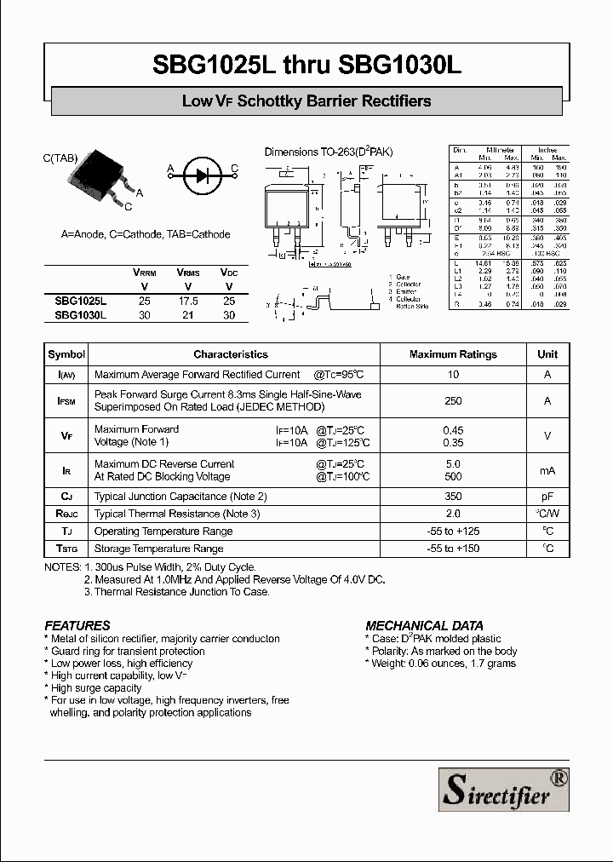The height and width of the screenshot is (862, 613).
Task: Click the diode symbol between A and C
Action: point(203,176)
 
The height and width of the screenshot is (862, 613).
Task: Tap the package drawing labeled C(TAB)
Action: point(106,175)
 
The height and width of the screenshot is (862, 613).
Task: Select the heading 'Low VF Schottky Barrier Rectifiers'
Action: point(306,101)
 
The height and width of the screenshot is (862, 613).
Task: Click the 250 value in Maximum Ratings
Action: point(453,401)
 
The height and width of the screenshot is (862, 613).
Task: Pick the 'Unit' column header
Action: point(547,354)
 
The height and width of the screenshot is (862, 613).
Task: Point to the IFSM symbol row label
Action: point(66,401)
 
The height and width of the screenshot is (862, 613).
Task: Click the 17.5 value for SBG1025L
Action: point(187,302)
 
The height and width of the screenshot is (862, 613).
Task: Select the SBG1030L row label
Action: point(82,315)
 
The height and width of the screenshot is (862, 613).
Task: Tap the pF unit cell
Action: point(547,497)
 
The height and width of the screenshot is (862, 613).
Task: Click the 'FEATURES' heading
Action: point(77,625)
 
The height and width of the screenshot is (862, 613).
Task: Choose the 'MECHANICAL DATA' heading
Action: point(424,625)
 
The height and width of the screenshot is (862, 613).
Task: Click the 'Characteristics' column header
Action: point(231,354)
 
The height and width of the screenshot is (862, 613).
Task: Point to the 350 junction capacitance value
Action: point(453,497)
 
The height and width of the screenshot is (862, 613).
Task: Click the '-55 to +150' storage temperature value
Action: point(453,549)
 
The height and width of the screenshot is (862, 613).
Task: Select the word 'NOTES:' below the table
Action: point(62,567)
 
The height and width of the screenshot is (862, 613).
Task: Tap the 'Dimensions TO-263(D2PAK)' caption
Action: point(328,152)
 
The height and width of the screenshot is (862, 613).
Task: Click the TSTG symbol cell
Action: point(66,549)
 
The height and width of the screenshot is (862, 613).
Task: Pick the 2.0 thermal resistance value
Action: point(453,514)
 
